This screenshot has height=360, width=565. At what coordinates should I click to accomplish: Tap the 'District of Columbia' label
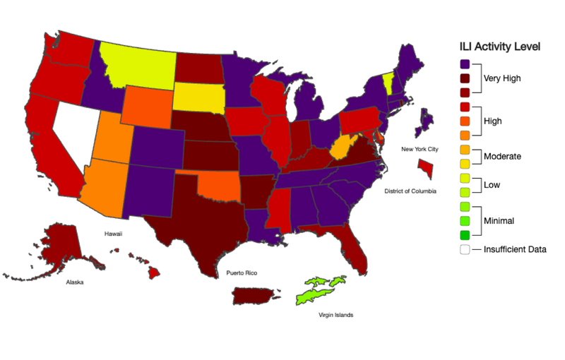[410, 191]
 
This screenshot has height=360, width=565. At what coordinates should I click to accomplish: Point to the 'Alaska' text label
[74, 282]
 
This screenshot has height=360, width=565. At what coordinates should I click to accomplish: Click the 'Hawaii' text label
[113, 233]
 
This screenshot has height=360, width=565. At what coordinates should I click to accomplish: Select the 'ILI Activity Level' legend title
[500, 47]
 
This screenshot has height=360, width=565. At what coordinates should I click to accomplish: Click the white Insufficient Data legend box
[464, 248]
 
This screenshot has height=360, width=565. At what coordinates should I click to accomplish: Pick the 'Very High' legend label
[502, 78]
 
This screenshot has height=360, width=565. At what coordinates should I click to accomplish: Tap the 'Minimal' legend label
[499, 221]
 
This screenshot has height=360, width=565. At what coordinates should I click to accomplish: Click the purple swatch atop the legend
[464, 64]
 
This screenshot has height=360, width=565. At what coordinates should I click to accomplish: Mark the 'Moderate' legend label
[502, 155]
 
